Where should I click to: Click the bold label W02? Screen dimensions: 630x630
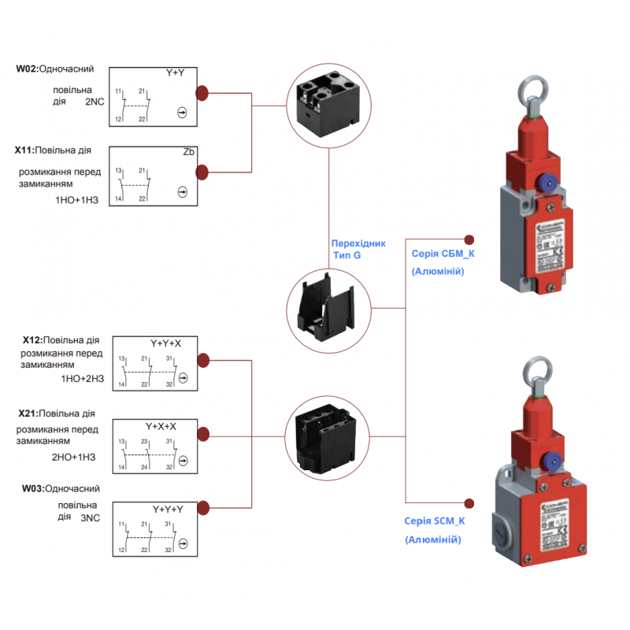[26, 69]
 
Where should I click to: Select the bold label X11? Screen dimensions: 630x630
[24, 149]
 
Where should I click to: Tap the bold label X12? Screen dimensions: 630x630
[32, 340]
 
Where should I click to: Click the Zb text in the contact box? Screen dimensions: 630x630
[188, 152]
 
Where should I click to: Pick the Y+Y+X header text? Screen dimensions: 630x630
[165, 343]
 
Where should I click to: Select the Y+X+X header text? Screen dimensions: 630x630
[161, 426]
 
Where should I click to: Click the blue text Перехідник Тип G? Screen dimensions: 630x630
[358, 249]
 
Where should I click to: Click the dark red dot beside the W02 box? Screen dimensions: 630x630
[202, 93]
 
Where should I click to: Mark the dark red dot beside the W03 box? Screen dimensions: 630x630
[202, 506]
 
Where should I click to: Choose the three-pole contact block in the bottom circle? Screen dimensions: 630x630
[327, 435]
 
